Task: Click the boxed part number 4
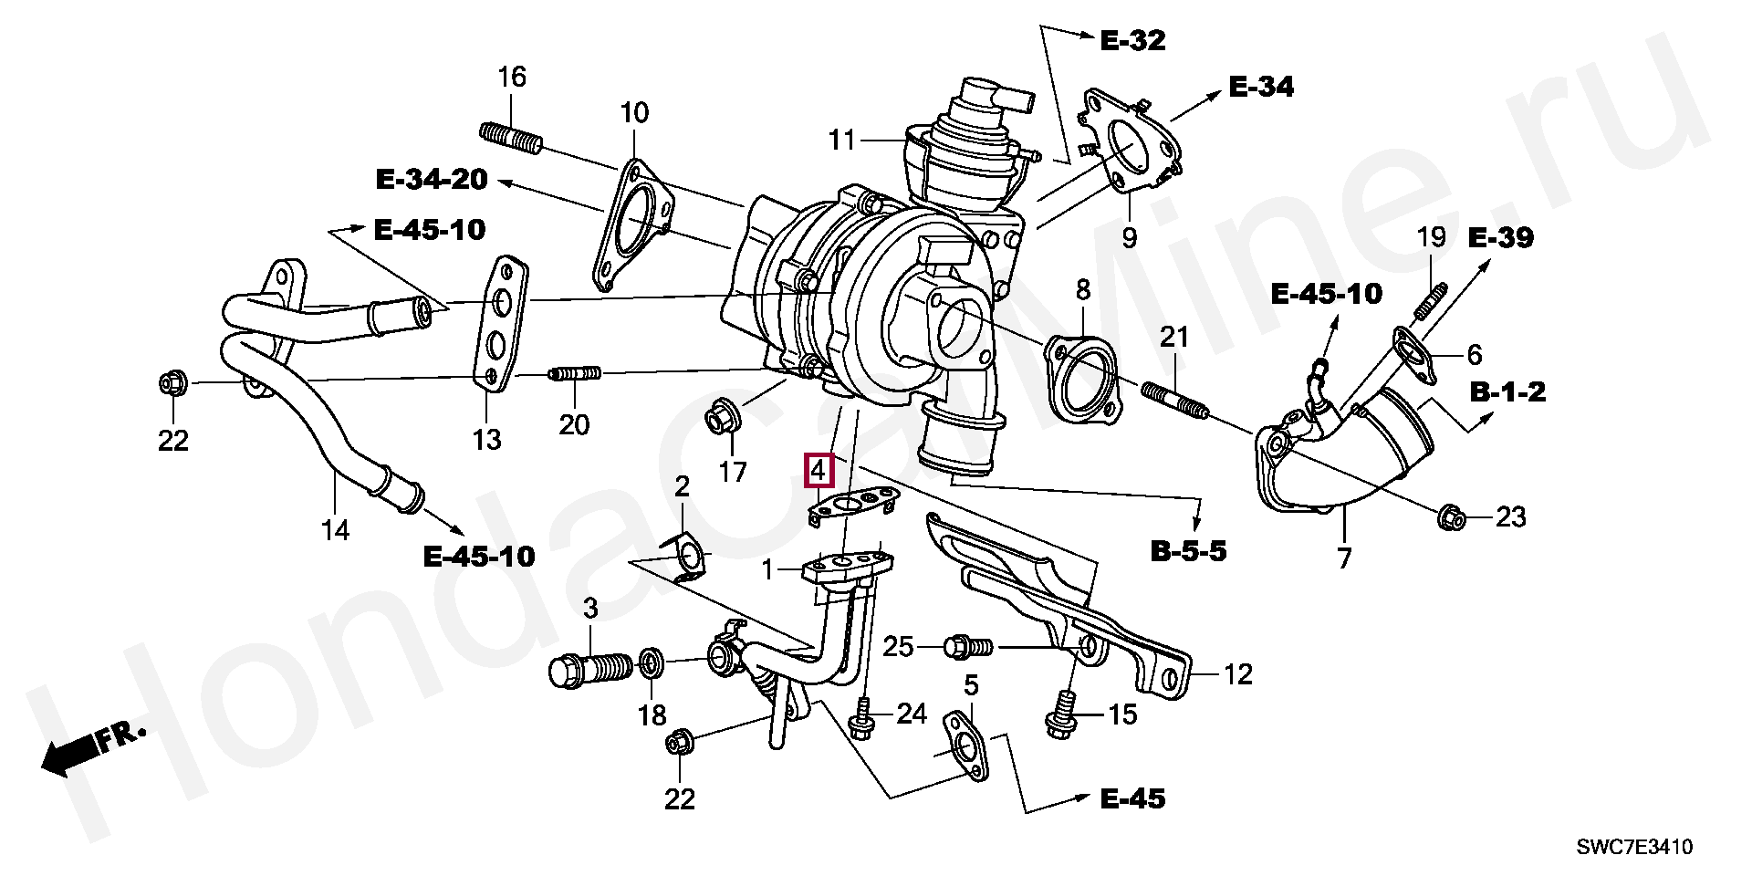[818, 470]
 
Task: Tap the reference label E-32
[1132, 40]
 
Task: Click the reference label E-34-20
[432, 179]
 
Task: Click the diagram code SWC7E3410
[1634, 847]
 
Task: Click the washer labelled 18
[650, 662]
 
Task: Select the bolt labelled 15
[1061, 714]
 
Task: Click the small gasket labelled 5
[965, 746]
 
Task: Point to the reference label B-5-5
[1188, 551]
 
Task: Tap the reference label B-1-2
[1507, 392]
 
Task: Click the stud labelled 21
[1174, 403]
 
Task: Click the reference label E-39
[1500, 238]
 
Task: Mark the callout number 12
[1237, 674]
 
